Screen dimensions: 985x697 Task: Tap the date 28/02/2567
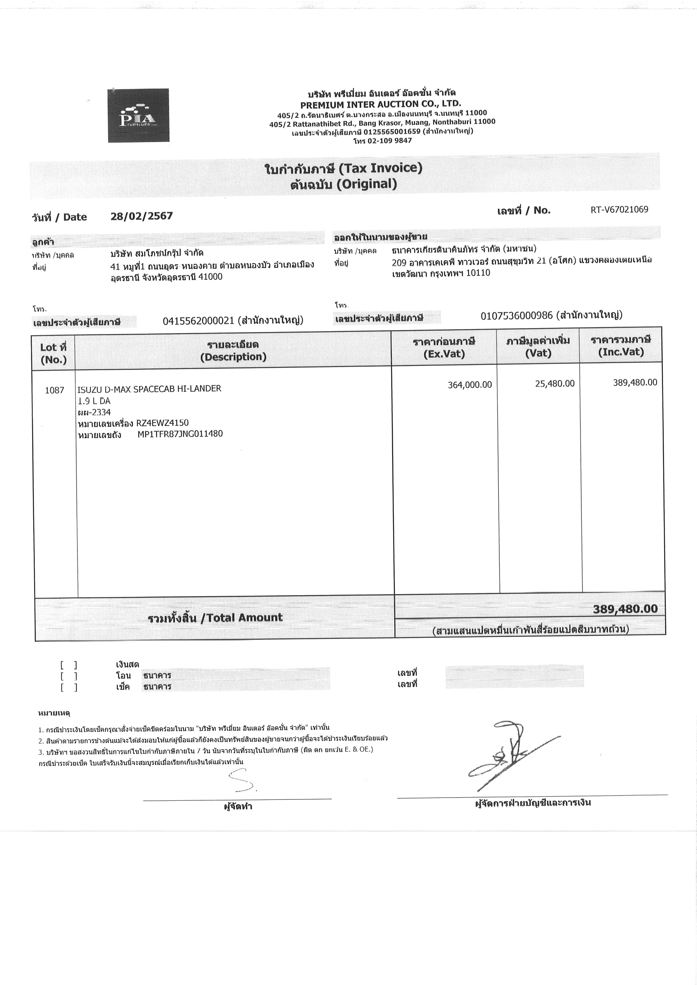[x=142, y=216]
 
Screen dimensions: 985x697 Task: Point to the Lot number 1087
[x=55, y=390]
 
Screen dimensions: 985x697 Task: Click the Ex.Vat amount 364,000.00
[x=470, y=385]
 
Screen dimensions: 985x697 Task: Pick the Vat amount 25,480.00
[x=555, y=384]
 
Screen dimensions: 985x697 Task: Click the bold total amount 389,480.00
[x=625, y=609]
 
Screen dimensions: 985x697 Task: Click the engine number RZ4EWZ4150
[x=162, y=423]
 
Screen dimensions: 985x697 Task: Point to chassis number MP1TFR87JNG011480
[x=180, y=434]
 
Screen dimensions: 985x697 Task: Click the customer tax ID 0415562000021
[x=198, y=320]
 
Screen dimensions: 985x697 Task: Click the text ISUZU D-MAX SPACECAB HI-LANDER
[x=149, y=389]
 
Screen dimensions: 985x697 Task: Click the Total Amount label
[x=215, y=618]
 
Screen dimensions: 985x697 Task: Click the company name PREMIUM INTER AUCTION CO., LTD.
[x=380, y=104]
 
